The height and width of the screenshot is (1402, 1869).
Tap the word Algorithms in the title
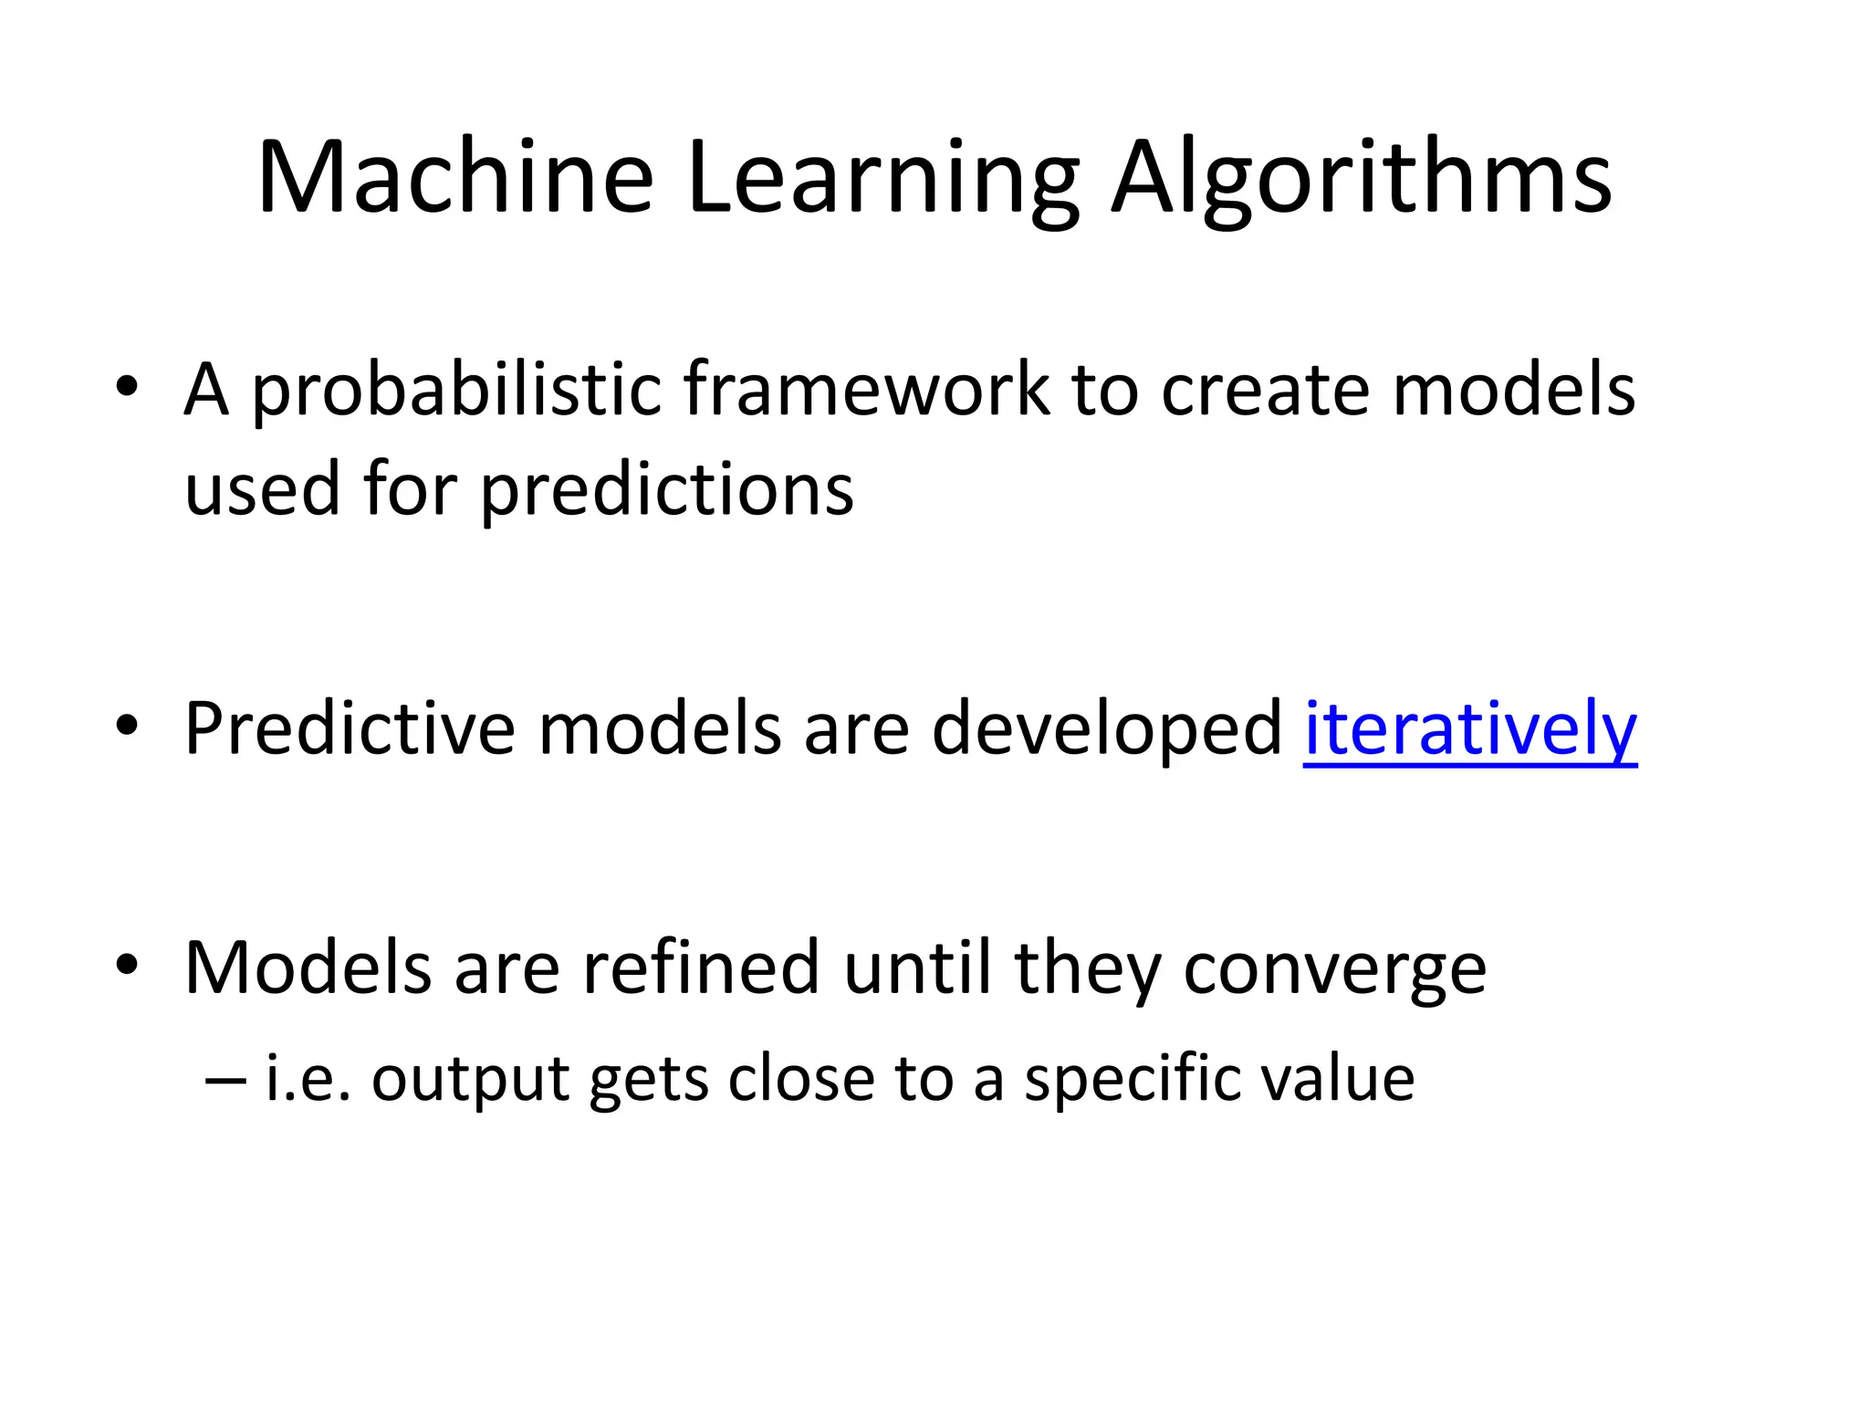pos(1362,179)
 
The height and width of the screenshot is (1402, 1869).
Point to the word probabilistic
pos(455,391)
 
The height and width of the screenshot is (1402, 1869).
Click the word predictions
pos(667,491)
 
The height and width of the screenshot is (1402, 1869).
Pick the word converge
pos(1334,969)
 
